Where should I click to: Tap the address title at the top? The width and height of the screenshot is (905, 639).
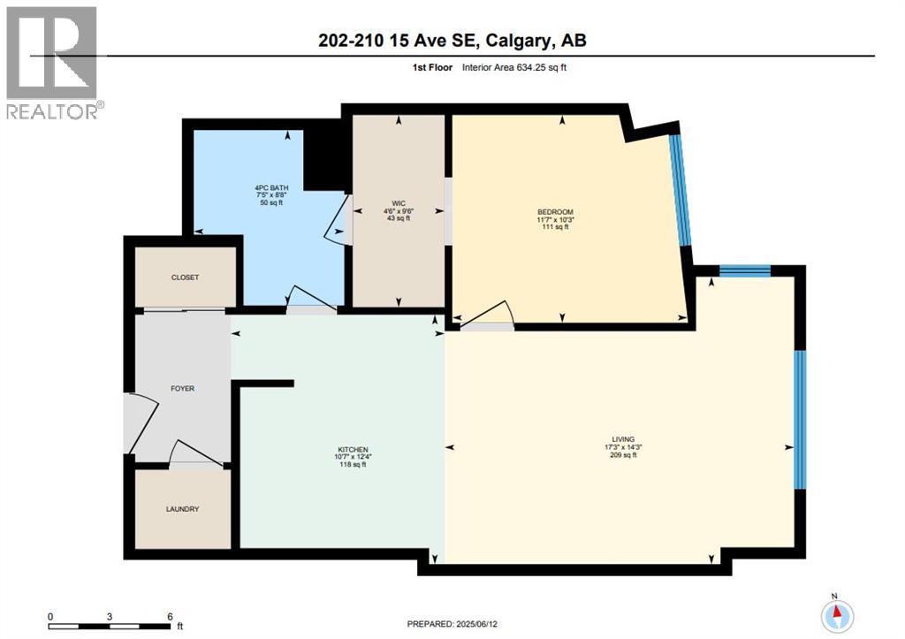(452, 40)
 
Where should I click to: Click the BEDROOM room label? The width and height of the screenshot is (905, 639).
(555, 212)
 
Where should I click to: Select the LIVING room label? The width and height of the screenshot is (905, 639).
(623, 439)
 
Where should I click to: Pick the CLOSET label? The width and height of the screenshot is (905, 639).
(185, 278)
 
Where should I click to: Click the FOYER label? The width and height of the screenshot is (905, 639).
(182, 389)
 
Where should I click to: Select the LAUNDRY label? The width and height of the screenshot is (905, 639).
(182, 509)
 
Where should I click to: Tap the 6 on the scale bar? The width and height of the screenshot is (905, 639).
(168, 616)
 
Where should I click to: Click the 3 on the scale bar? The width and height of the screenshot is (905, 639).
(110, 616)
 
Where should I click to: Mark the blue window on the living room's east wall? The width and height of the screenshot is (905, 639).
(800, 419)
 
